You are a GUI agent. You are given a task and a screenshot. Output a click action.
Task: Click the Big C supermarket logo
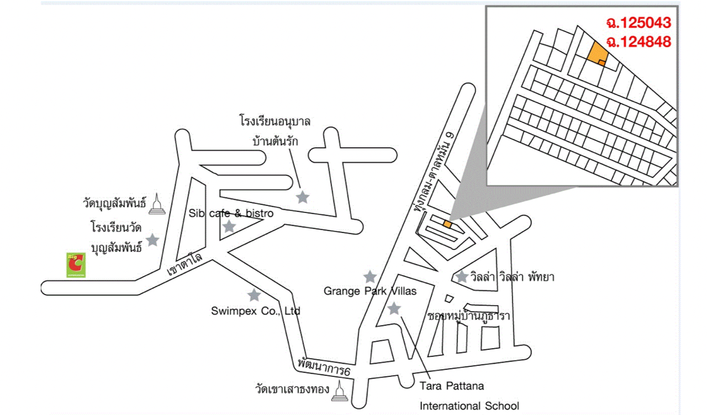(x=76, y=265)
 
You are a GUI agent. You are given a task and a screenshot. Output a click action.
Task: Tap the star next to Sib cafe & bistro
(x=229, y=226)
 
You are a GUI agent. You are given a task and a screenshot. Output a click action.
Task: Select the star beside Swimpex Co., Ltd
(x=254, y=295)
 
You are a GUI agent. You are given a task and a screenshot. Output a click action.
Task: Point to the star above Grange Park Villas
(x=370, y=276)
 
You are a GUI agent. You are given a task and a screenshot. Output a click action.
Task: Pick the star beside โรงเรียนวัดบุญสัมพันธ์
(x=152, y=240)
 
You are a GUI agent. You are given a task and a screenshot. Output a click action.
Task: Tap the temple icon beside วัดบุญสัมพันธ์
(x=157, y=204)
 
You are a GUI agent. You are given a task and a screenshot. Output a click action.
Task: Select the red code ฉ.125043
(x=638, y=23)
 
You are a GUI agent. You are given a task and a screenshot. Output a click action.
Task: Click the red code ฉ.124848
(x=638, y=41)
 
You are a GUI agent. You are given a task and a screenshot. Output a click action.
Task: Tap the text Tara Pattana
(x=451, y=386)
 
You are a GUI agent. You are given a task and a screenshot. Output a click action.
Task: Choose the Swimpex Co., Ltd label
(x=255, y=311)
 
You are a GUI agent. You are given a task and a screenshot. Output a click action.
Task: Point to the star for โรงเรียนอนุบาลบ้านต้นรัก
(x=303, y=197)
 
